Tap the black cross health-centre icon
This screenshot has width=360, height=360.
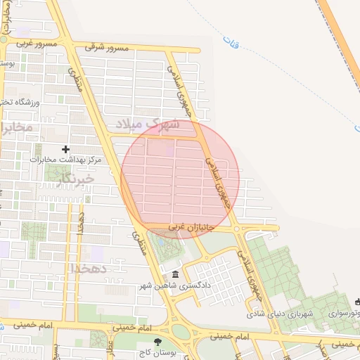(65, 149)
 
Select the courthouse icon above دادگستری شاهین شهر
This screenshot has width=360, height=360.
(175, 274)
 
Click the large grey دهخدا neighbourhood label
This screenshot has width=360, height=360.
(88, 268)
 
